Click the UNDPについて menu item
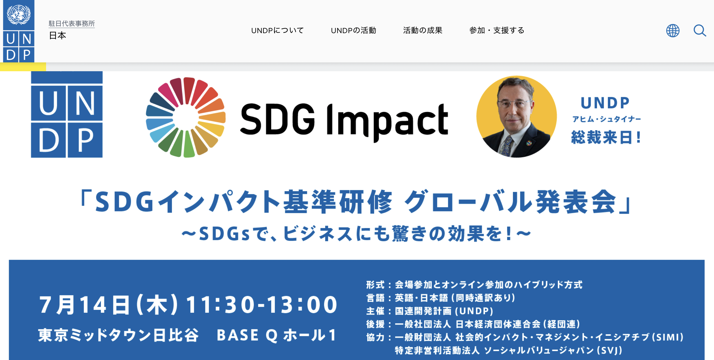[278, 30]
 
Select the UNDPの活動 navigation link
[353, 30]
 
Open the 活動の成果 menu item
[423, 30]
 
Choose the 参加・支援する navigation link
[497, 30]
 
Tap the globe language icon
[673, 31]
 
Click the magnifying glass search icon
[700, 31]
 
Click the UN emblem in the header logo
[18, 14]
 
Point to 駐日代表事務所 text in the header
[71, 23]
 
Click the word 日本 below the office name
[57, 36]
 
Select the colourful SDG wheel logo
[186, 117]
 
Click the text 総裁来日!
[606, 137]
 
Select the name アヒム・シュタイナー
[606, 119]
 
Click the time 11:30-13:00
[261, 305]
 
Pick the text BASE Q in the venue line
[247, 335]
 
